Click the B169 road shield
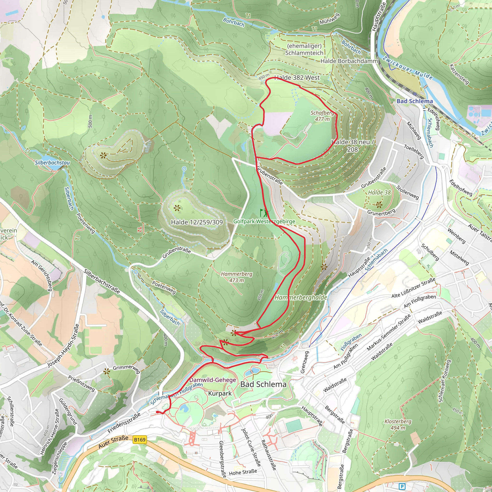pos(140,440)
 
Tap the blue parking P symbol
pos(402,487)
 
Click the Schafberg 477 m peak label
pos(322,116)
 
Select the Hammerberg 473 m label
pos(237,277)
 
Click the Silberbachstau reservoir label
pos(52,162)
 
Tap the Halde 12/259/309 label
pos(197,222)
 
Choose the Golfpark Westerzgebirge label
pos(264,221)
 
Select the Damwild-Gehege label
pos(213,380)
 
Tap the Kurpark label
pos(220,394)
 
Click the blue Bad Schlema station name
pos(415,101)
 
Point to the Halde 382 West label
pos(297,78)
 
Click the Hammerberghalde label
pos(301,297)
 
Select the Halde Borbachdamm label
pos(349,61)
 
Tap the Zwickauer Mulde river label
pos(407,68)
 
